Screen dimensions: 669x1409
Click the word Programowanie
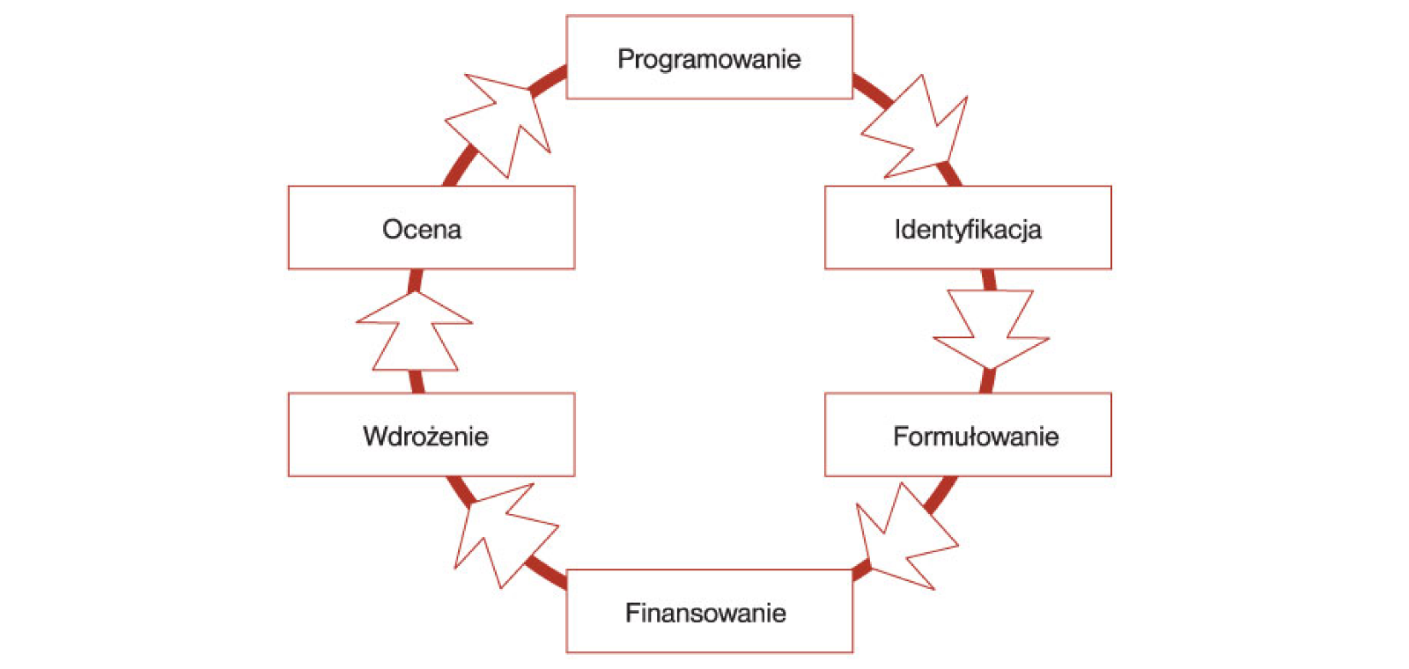[x=709, y=59]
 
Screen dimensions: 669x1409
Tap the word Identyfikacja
[x=968, y=230]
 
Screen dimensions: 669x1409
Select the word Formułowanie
[x=976, y=437]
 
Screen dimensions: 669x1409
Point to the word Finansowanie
[x=705, y=613]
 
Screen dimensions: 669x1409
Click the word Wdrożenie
[x=425, y=437]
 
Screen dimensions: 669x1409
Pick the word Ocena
[x=422, y=230]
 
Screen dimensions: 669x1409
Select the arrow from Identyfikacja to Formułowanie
[x=991, y=330]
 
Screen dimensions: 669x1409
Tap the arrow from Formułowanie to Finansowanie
[x=903, y=537]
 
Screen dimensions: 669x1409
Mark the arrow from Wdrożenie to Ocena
[x=415, y=332]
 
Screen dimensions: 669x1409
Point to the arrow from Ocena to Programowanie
[x=501, y=122]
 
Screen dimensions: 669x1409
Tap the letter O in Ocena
[x=392, y=230]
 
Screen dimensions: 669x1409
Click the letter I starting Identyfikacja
[x=897, y=230]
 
